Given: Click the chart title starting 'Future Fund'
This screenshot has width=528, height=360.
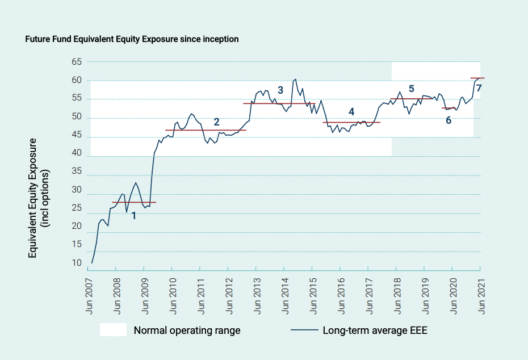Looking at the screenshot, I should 132,39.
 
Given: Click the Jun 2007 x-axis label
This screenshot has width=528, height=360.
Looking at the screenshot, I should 88,298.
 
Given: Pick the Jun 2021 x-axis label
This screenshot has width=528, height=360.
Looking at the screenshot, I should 481,298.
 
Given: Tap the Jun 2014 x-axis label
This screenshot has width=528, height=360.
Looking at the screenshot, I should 284,298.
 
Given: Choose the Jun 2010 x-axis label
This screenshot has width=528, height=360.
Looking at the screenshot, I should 173,298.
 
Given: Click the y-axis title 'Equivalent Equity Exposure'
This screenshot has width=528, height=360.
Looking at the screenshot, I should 33,198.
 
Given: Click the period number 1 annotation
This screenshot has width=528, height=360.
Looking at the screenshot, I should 134,216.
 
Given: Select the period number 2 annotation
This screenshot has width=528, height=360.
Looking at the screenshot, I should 216,122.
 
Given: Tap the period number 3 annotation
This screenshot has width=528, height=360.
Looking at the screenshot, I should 280,90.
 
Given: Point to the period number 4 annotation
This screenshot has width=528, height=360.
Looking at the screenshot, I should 351,111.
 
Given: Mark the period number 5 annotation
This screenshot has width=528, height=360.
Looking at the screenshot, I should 412,89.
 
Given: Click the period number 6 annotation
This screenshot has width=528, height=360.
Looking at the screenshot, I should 449,120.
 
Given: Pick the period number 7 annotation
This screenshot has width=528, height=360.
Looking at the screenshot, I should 479,88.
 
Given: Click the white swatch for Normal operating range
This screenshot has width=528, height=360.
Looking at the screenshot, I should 113,330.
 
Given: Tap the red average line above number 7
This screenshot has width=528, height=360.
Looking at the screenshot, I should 477,78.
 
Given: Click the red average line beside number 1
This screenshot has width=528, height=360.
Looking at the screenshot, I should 134,202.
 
